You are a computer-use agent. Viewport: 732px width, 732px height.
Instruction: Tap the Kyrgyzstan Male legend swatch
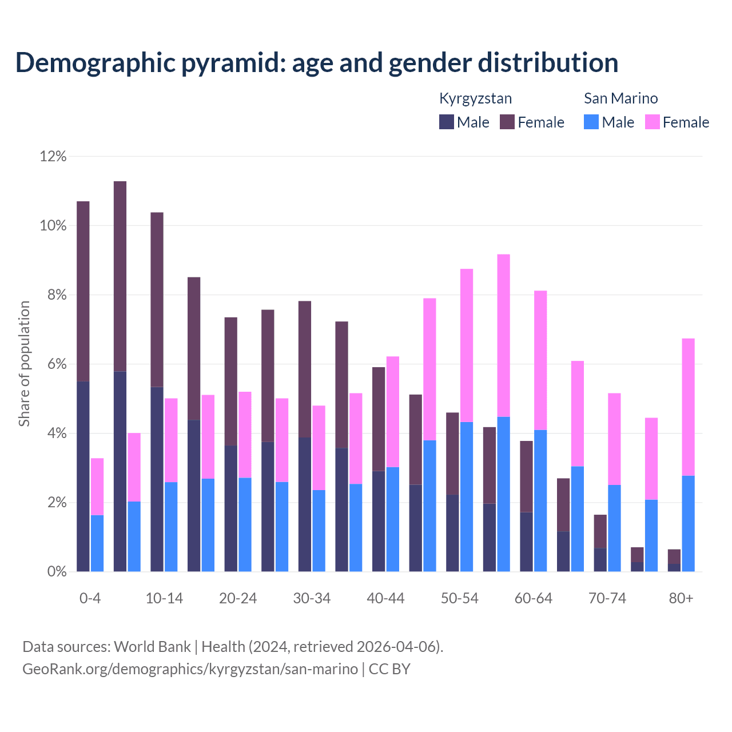(x=447, y=122)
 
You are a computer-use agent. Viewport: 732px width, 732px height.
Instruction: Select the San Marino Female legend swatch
(x=653, y=122)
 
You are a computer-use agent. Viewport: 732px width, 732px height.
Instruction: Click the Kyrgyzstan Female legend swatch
(x=507, y=122)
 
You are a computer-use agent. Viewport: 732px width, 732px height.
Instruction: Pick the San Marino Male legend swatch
(x=591, y=122)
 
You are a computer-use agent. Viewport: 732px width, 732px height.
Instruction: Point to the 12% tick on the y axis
(x=53, y=156)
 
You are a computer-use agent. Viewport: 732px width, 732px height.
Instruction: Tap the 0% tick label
(x=56, y=572)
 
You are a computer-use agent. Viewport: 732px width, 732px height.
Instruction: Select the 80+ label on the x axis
(x=681, y=598)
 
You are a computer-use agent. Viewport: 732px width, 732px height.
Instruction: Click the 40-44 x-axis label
(x=385, y=598)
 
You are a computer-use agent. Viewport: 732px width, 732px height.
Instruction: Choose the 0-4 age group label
(x=90, y=598)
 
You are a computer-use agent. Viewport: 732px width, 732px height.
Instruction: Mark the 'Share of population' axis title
(x=24, y=364)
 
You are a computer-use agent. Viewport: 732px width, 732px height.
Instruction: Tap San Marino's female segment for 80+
(x=689, y=407)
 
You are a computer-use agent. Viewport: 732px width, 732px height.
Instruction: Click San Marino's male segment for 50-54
(x=467, y=496)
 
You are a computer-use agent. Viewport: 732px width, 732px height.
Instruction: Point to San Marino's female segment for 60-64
(x=540, y=360)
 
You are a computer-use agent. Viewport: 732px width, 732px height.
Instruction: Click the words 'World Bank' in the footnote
(x=152, y=647)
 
